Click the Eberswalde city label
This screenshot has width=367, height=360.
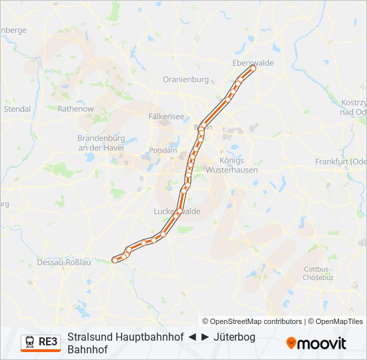(x=253, y=63)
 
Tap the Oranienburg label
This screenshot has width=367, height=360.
(x=186, y=79)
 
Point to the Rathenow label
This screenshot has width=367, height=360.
(x=75, y=108)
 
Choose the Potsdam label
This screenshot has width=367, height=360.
(x=163, y=150)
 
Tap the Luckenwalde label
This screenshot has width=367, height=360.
(x=177, y=211)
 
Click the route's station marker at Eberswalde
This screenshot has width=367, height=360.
(x=253, y=68)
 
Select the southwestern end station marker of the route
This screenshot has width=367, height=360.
(x=115, y=260)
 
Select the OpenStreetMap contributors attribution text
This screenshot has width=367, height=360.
(x=252, y=321)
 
